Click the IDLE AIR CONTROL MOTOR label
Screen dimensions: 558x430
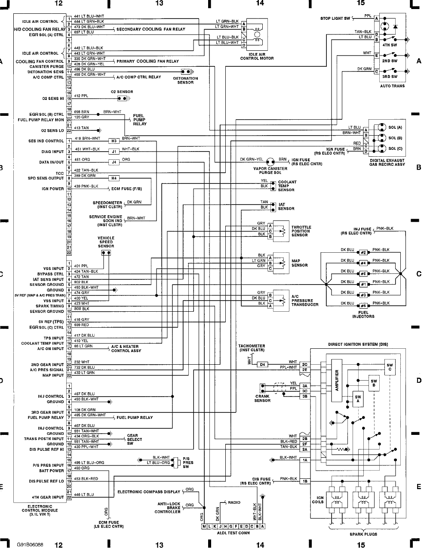click(x=257, y=56)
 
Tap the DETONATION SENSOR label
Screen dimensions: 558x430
click(x=186, y=81)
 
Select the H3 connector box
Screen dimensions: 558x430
click(x=114, y=141)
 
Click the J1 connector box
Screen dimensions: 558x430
click(x=114, y=152)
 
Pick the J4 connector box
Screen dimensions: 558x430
click(x=114, y=162)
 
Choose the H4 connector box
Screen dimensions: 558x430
click(x=114, y=178)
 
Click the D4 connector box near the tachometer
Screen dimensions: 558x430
click(x=263, y=364)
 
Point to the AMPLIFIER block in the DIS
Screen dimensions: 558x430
click(x=337, y=381)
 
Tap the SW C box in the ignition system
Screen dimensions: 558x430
click(x=390, y=367)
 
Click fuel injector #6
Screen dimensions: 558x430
click(x=363, y=274)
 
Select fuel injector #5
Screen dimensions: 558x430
click(x=363, y=306)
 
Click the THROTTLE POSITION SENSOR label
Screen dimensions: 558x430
click(x=301, y=231)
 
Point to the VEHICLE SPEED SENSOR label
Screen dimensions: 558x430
click(x=106, y=242)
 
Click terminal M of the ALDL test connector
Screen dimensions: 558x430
click(x=204, y=526)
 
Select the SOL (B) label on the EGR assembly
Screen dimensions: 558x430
click(x=395, y=138)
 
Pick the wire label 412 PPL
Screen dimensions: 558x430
click(x=80, y=96)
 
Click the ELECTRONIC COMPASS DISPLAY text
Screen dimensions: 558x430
click(x=149, y=492)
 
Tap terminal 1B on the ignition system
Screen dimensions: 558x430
click(x=305, y=481)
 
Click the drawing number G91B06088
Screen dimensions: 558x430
click(x=31, y=545)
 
